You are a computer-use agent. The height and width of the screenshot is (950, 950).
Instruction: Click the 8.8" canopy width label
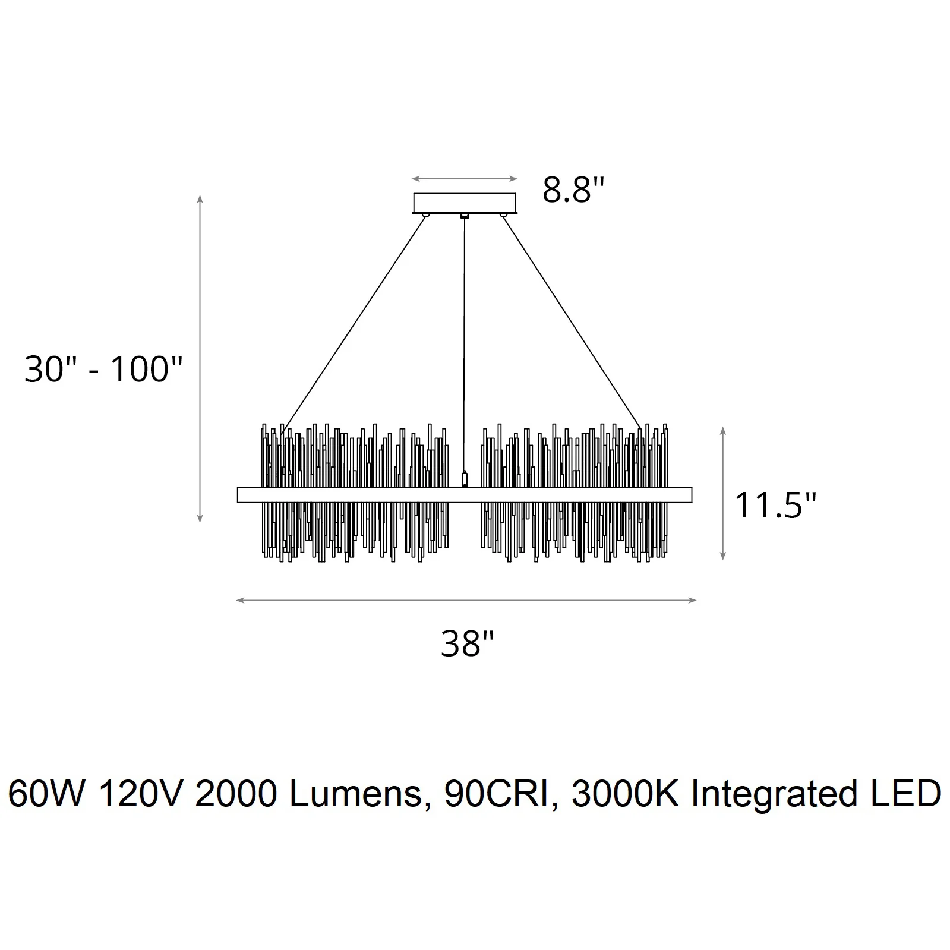click(573, 190)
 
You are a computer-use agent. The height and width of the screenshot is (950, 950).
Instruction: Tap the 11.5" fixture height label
click(775, 506)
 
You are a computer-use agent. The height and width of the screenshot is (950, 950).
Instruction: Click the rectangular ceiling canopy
click(465, 203)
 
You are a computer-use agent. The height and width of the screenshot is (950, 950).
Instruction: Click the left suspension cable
click(354, 324)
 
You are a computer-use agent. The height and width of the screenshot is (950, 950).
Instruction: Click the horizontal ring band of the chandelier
click(465, 495)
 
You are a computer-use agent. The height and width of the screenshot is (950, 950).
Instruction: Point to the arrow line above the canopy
click(465, 179)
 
